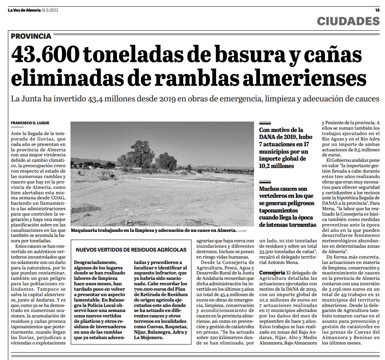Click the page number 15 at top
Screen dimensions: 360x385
click(378, 10)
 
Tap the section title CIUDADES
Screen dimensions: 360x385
click(348, 21)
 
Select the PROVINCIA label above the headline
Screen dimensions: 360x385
click(31, 36)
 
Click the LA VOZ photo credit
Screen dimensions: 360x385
click(242, 231)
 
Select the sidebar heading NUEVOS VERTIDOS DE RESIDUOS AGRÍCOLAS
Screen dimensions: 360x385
click(131, 250)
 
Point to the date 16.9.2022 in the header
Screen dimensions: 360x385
click(51, 10)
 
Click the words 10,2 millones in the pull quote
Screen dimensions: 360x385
click(277, 166)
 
